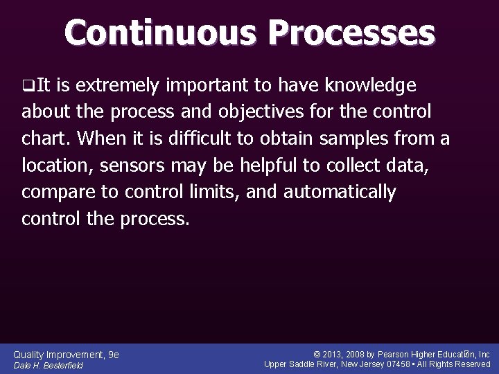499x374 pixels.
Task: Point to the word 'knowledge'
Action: tap(372, 85)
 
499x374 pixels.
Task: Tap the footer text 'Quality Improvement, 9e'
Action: tap(67, 355)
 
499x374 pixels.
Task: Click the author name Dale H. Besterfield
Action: tap(49, 366)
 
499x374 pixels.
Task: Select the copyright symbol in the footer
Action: tap(317, 355)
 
